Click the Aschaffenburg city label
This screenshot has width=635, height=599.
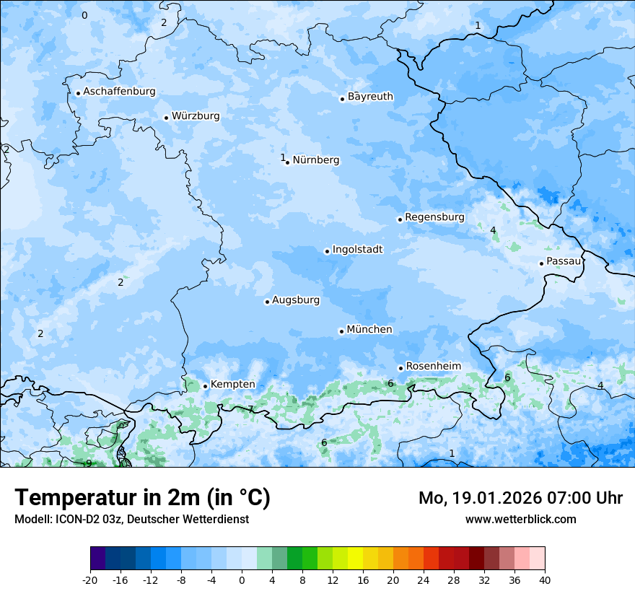(119, 92)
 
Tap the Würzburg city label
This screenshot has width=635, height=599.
(196, 116)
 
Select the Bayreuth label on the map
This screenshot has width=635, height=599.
(370, 97)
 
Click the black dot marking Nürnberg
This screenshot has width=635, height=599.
(288, 162)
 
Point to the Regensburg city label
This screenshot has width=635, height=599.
(434, 217)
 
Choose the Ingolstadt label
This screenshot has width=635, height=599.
(357, 250)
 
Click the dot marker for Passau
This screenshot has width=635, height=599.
(541, 263)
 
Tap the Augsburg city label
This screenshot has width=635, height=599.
(296, 300)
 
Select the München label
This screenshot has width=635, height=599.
(369, 330)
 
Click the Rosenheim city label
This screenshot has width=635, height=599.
(433, 367)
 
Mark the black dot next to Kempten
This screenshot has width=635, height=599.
(205, 386)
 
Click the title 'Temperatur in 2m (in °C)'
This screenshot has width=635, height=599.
(142, 498)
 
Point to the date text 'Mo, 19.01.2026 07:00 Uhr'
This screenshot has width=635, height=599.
(520, 498)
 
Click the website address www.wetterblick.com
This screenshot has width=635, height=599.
(520, 519)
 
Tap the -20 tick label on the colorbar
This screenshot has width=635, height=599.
(90, 580)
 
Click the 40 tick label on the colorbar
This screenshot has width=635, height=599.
(544, 580)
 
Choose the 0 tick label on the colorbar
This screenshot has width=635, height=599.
(242, 580)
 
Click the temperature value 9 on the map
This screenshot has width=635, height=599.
(88, 463)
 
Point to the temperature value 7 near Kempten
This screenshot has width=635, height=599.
(250, 409)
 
